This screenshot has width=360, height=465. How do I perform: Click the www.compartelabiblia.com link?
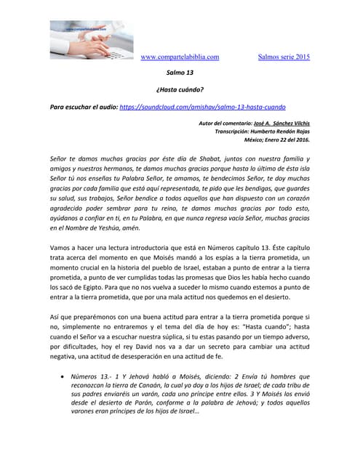pos(179,57)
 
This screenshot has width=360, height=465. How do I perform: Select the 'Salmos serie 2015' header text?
pos(284,57)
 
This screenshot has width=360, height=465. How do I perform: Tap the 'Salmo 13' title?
pos(180,73)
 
